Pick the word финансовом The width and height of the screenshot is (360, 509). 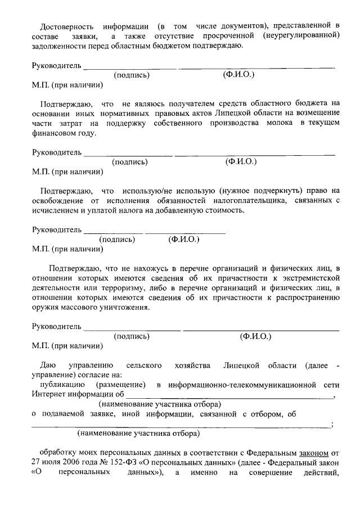click(55, 133)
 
